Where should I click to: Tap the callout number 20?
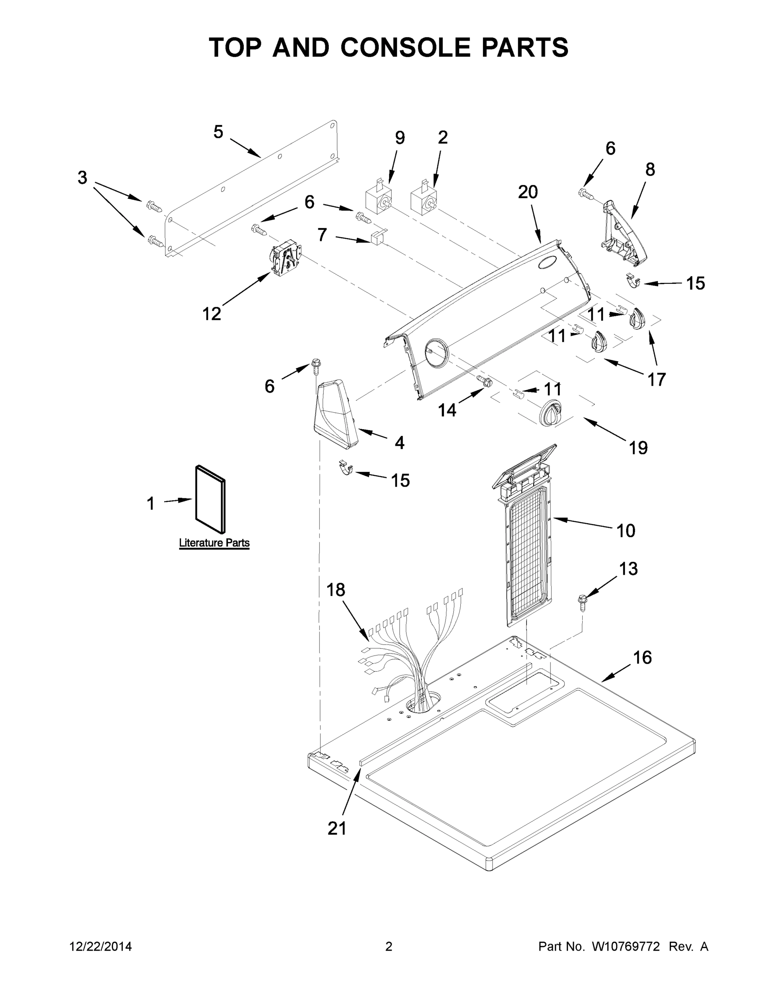click(x=527, y=192)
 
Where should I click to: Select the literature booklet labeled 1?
click(x=211, y=499)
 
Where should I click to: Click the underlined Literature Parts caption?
click(x=214, y=543)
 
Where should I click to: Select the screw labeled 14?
click(x=485, y=381)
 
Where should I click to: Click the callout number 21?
click(x=336, y=829)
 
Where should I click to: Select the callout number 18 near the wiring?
click(x=336, y=590)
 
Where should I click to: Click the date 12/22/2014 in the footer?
click(x=101, y=946)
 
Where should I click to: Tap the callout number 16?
click(x=642, y=658)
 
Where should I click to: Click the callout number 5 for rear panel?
click(x=218, y=132)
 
